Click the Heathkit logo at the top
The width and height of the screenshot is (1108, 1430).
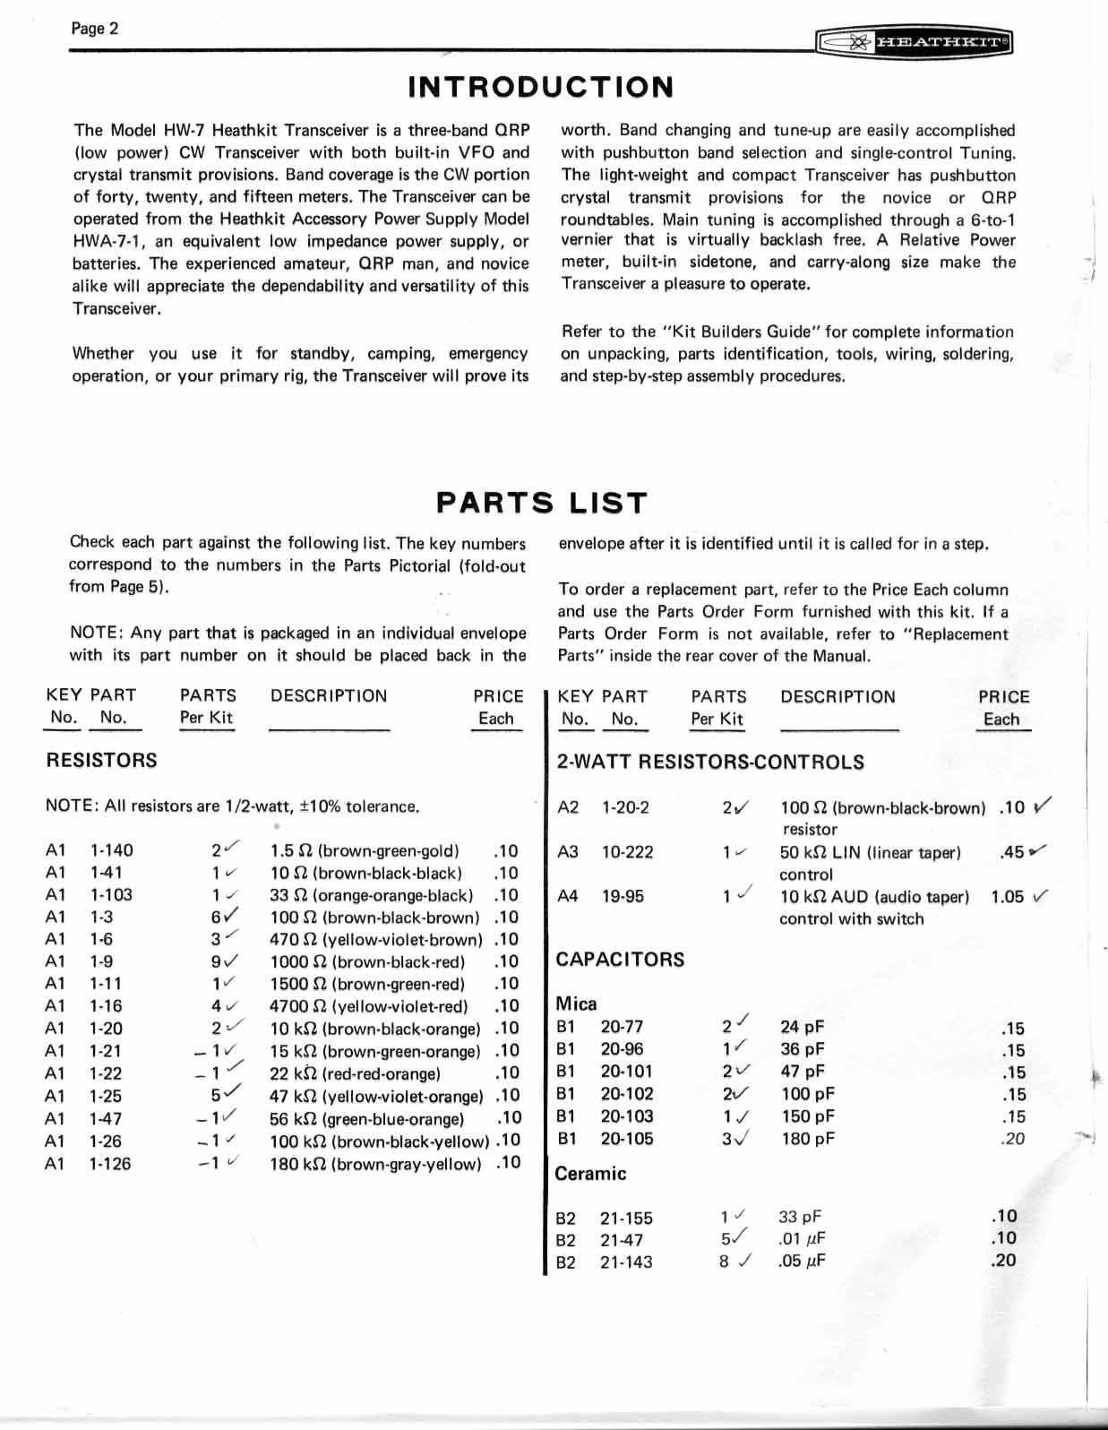point(915,42)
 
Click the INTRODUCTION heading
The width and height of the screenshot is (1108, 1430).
point(540,87)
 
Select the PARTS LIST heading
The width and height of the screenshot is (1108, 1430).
point(540,503)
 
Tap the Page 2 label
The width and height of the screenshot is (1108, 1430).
point(94,29)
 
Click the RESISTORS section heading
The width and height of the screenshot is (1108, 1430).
point(101,761)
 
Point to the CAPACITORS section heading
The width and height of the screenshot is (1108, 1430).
point(620,960)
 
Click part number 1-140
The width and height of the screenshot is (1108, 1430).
point(111,850)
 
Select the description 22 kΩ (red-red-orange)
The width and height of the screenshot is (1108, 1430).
point(355,1073)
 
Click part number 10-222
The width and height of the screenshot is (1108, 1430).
point(627,852)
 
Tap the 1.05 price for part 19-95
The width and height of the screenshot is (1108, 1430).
point(1006,897)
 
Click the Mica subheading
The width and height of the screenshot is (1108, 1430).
point(576,1004)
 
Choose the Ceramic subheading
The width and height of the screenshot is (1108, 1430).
point(590,1174)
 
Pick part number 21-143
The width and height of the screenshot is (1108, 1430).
point(625,1262)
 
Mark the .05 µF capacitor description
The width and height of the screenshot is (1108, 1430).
point(802,1262)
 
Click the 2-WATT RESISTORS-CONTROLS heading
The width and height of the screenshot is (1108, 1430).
point(710,762)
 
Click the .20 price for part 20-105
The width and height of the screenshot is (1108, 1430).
point(1012,1139)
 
